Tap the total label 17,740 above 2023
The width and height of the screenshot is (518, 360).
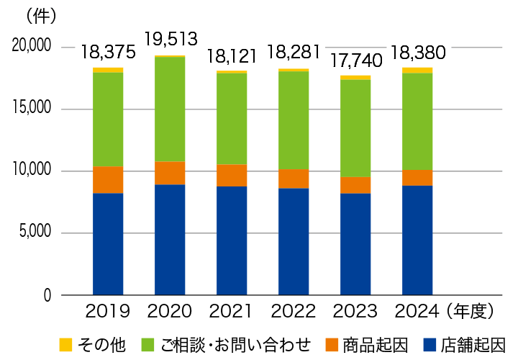355,62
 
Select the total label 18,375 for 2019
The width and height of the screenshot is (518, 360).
108,53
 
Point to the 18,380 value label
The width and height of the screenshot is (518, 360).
417,53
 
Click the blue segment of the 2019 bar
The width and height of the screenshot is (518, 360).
108,243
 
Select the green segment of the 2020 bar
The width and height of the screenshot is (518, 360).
170,109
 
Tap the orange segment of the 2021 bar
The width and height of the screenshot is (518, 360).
232,175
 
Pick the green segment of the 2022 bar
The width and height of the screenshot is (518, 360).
294,120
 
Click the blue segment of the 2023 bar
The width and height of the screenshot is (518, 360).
355,243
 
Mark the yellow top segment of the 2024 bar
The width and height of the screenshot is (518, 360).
417,71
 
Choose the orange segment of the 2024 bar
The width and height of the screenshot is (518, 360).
417,177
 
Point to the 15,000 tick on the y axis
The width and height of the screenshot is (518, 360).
32,108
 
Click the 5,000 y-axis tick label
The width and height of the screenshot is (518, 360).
35,233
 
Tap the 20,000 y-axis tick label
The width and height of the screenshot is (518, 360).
32,45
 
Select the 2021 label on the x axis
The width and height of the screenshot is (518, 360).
232,312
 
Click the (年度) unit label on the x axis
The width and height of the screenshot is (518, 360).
470,312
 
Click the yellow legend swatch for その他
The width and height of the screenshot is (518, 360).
65,344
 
